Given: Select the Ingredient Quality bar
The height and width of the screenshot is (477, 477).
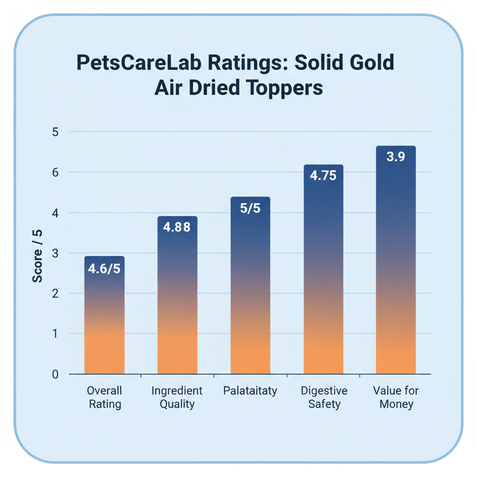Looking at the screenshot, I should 177,298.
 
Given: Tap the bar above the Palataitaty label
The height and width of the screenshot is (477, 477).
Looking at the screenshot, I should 250,289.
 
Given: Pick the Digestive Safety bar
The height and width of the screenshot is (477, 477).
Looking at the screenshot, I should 323,275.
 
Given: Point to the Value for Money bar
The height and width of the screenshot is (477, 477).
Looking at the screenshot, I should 396,266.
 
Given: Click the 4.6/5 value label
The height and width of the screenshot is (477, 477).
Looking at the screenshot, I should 104,269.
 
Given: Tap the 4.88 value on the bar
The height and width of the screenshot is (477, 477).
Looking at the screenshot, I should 177,228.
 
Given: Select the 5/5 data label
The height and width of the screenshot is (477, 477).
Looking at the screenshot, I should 250,208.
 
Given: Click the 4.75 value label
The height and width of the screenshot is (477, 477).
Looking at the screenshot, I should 323,176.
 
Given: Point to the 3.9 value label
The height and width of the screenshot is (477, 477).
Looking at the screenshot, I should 396,157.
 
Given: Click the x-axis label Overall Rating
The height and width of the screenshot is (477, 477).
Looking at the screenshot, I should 104,397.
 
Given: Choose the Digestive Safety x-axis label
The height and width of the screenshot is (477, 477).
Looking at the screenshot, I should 324,397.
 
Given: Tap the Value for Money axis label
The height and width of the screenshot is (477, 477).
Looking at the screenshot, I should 396,397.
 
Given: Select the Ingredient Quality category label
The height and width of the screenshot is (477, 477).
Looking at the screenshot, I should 177,397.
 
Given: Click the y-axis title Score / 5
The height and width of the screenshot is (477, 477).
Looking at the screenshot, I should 38,256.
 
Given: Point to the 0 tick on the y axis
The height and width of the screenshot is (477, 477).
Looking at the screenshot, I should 55,374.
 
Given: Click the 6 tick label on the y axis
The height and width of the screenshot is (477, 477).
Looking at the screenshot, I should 55,172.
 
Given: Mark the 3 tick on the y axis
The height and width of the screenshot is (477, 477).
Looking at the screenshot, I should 55,253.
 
